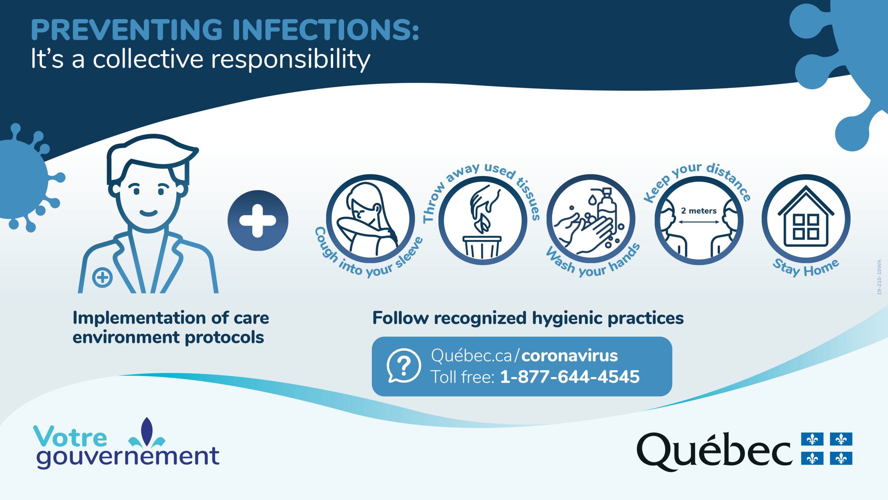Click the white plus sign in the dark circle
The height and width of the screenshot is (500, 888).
coord(258,221)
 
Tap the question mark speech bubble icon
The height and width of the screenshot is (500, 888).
coord(404,366)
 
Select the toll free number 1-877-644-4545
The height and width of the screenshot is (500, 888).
coord(570,377)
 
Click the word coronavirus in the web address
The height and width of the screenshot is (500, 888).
coord(570,356)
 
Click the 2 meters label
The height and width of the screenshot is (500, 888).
coord(699,211)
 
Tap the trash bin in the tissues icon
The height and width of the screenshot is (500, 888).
coord(482,247)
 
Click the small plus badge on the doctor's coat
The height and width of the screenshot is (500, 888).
coord(102,277)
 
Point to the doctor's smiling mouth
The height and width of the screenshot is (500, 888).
coord(149,212)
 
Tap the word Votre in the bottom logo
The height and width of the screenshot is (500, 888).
coord(70,436)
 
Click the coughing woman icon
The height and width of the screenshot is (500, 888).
coord(370,219)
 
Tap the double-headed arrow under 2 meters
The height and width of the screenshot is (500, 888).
coord(699,222)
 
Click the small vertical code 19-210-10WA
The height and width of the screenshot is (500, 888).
coord(879,277)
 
